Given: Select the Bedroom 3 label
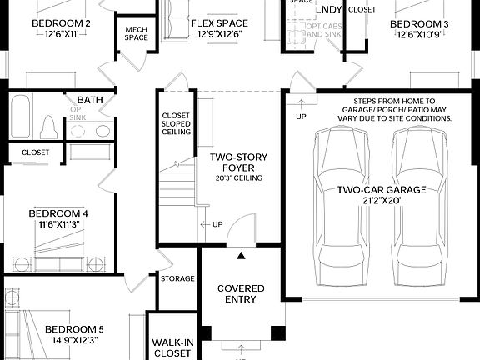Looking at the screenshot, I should pyautogui.click(x=420, y=24).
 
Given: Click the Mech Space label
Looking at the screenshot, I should pyautogui.click(x=137, y=32).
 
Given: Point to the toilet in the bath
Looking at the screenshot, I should pyautogui.click(x=48, y=127).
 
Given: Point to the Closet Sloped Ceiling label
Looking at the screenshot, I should pyautogui.click(x=176, y=123).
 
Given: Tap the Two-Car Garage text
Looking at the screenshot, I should pyautogui.click(x=382, y=190).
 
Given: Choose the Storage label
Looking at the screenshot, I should pyautogui.click(x=177, y=279).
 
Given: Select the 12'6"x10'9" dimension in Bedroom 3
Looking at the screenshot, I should pyautogui.click(x=420, y=35).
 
